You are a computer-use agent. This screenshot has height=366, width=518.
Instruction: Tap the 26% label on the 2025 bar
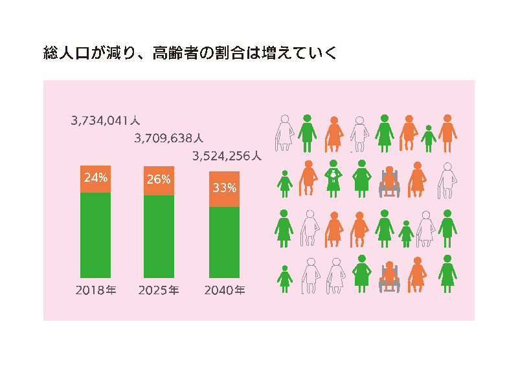point(159,179)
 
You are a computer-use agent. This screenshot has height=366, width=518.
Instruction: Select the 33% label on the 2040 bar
point(224,189)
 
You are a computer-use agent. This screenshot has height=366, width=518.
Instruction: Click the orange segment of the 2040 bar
point(224,189)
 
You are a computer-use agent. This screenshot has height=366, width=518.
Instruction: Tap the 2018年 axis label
point(96,290)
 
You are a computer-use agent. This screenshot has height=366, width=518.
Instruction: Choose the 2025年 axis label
point(159,290)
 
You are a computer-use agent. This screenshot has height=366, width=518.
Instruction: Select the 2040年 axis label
point(224,290)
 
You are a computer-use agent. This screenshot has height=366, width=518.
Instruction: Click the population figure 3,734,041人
point(106,120)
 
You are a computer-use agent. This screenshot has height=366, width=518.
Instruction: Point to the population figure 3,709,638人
point(168,138)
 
